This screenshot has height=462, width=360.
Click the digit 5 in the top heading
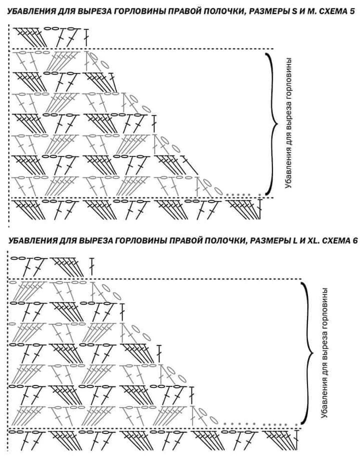[x=352, y=11]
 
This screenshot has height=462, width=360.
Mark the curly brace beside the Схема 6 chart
[x=308, y=352]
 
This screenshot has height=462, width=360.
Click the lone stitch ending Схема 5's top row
[x=86, y=37]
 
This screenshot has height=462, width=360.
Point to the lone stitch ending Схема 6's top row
[x=92, y=267]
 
